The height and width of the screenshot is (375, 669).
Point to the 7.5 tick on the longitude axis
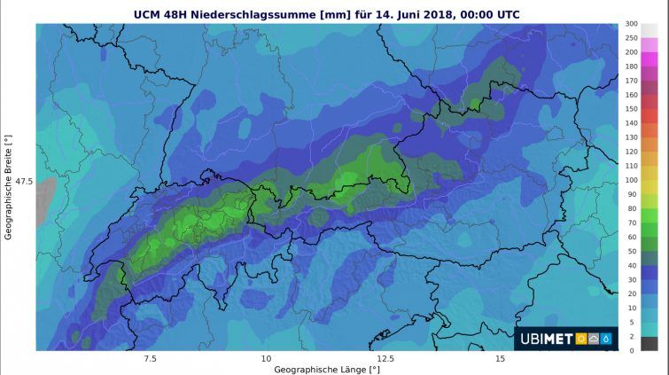150,358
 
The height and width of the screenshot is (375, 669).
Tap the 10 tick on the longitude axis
266,358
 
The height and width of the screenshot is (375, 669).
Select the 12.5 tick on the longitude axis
385,358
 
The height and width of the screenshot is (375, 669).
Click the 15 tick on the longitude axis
501,358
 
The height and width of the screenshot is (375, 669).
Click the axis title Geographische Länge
326,369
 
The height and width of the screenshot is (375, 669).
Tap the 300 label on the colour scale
631,23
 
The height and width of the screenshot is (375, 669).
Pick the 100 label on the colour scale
631,180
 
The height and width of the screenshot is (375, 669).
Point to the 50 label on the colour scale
631,251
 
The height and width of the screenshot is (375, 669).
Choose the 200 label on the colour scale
631,52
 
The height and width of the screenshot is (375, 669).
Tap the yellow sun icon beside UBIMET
581,339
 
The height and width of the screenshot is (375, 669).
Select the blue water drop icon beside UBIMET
606,339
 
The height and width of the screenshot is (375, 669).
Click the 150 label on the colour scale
631,109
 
